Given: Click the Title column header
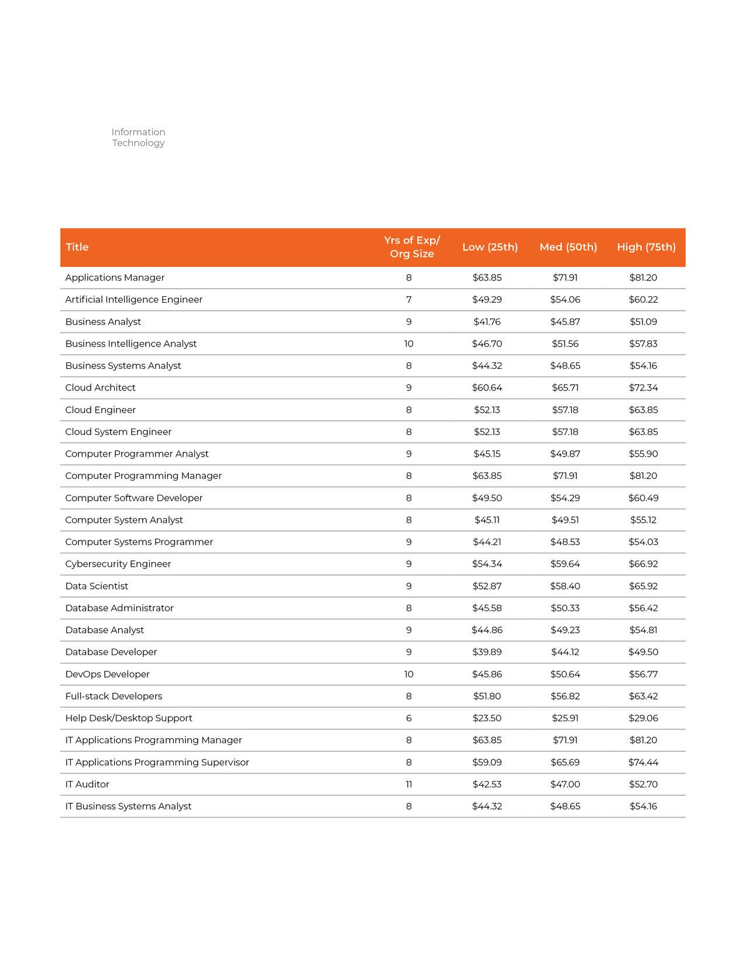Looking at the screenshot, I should click(77, 247).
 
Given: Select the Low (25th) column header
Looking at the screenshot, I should click(490, 247).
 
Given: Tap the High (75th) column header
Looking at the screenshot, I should click(646, 247).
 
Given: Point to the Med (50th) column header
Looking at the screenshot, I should click(568, 247).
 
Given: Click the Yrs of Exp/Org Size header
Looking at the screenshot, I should click(412, 247).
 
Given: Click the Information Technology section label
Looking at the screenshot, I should click(138, 138).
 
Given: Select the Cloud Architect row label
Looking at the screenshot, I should click(100, 388).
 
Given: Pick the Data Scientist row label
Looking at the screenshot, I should click(97, 586).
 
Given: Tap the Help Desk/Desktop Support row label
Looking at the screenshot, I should click(129, 718).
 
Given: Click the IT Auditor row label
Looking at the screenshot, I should click(87, 785).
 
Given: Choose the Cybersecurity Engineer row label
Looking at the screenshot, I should click(118, 564).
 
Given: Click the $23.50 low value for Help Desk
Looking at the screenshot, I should click(487, 718).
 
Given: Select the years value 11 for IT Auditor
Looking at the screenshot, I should click(408, 785).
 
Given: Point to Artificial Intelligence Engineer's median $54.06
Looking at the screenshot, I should click(565, 300).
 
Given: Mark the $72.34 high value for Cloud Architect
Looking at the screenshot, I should click(643, 388).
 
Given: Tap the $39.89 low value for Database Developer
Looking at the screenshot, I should click(487, 652).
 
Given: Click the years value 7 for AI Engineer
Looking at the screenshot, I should click(408, 300).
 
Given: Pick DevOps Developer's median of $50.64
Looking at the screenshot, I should click(565, 674).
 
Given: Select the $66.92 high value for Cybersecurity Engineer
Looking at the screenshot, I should click(643, 564).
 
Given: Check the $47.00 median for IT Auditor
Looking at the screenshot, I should click(565, 785).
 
